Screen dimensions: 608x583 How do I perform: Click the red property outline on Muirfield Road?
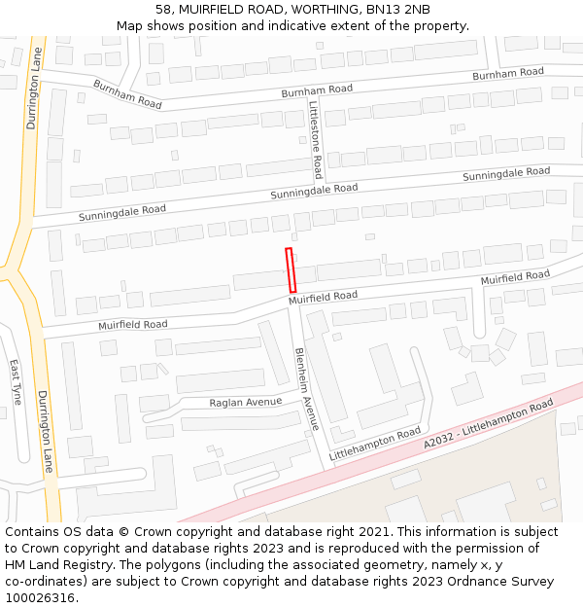point(291,269)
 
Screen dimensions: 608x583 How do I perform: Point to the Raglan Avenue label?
point(246,402)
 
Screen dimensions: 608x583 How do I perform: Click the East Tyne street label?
point(16,382)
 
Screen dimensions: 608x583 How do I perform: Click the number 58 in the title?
point(162,10)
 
